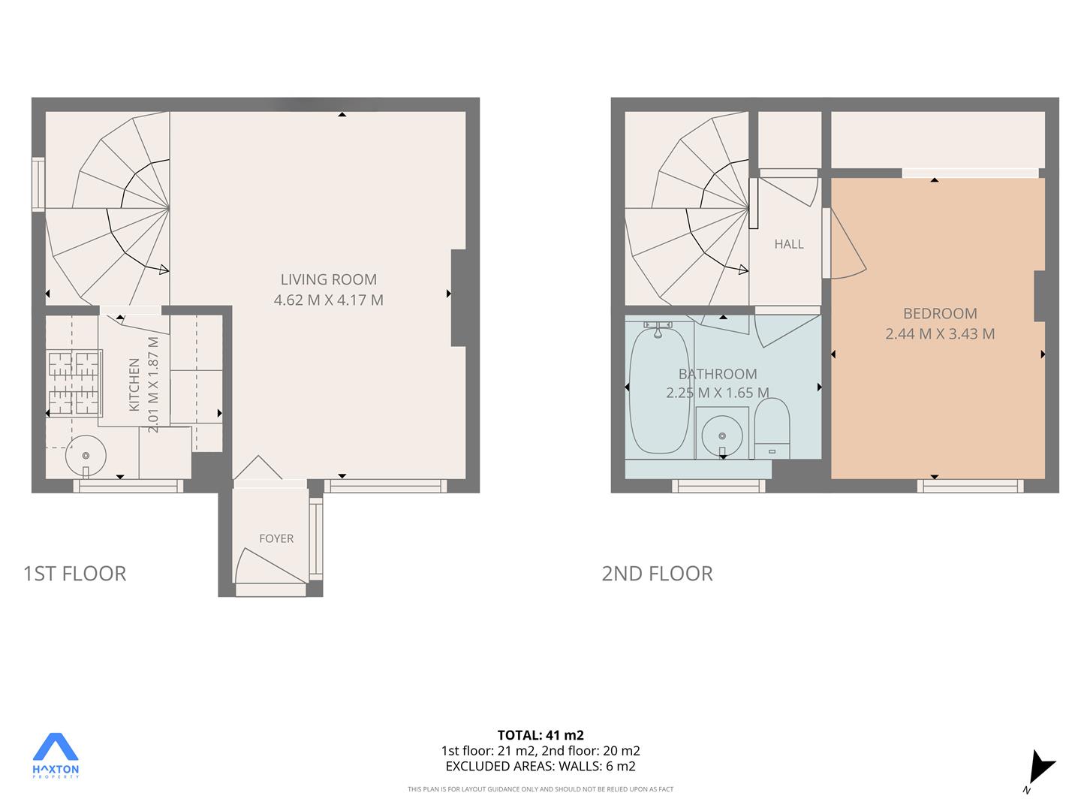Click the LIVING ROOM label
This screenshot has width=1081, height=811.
pos(329,279)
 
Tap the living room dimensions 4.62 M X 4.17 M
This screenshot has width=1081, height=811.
pos(329,300)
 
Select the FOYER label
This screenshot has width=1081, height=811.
pos(276,538)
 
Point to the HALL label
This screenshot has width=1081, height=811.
pos(789,244)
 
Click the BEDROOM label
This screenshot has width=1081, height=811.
pos(940,313)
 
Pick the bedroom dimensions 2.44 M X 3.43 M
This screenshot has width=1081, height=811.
pos(940,334)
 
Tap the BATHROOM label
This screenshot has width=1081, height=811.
pos(718,374)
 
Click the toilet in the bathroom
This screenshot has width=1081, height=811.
pos(772,428)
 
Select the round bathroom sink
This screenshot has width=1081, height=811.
pos(722,436)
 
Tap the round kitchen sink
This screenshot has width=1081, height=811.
pos(86,456)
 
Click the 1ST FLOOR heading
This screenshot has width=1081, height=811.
pos(75,573)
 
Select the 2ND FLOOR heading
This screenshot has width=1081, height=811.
pos(658,573)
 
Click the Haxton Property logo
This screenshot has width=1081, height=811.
pos(56,755)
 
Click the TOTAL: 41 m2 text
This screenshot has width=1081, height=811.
pos(540,734)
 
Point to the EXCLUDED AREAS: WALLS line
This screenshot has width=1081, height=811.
pos(540,766)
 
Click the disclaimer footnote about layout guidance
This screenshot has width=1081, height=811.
pos(540,788)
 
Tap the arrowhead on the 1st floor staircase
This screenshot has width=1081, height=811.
pos(164,270)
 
